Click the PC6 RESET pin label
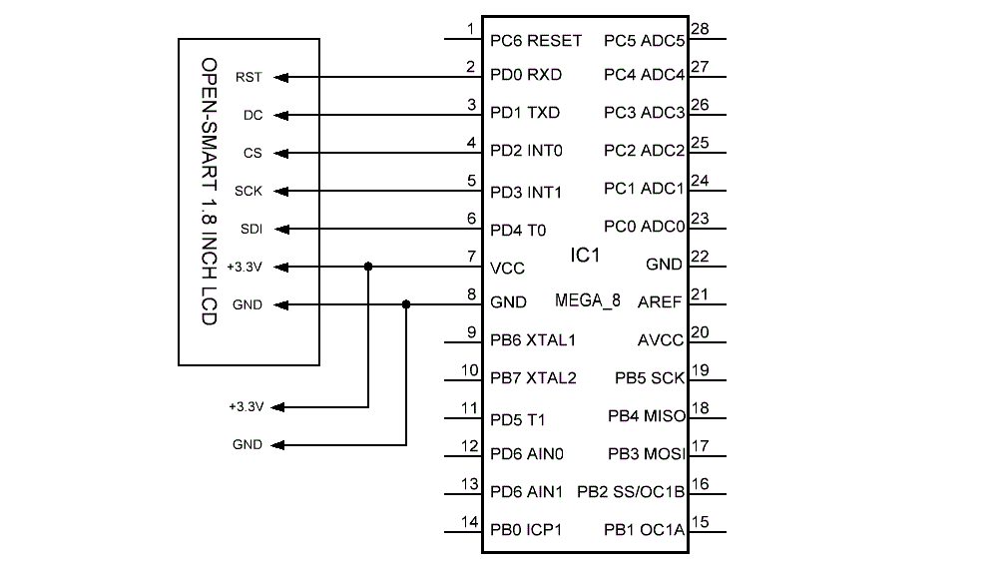[x=536, y=41]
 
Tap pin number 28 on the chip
[x=700, y=29]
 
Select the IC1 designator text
[x=585, y=257]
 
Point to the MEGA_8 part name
[x=588, y=300]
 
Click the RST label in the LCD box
[x=249, y=77]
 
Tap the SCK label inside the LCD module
[x=249, y=191]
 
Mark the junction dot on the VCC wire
[x=368, y=267]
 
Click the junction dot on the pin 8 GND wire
[x=406, y=304]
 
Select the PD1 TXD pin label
[x=525, y=113]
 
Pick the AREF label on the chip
[x=661, y=302]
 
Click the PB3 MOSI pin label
[x=646, y=454]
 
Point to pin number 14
[x=469, y=521]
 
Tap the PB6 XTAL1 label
[x=533, y=340]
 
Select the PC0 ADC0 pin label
[x=644, y=227]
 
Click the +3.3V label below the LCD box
[x=246, y=407]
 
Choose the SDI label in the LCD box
[x=250, y=229]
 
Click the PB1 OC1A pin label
[x=645, y=529]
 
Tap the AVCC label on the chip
[x=661, y=340]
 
